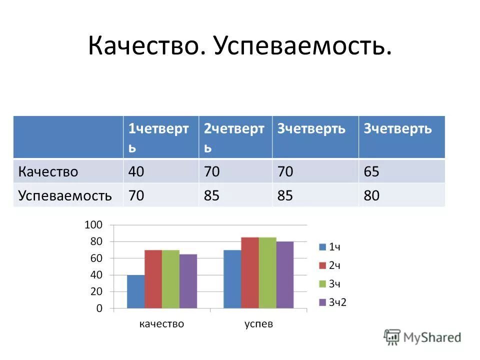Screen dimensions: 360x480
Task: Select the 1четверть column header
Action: pyautogui.click(x=158, y=137)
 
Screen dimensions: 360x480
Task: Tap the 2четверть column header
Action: pyautogui.click(x=234, y=137)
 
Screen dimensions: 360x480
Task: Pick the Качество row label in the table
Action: pyautogui.click(x=48, y=172)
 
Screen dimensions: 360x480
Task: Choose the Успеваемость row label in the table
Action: pyautogui.click(x=65, y=195)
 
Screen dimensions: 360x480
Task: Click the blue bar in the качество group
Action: pyautogui.click(x=135, y=292)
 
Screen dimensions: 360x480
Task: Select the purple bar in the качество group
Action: pyautogui.click(x=188, y=281)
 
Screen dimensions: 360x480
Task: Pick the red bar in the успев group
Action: pyautogui.click(x=250, y=273)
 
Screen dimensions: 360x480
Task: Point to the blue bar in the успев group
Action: pyautogui.click(x=232, y=279)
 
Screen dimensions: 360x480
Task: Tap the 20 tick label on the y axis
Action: pyautogui.click(x=95, y=291)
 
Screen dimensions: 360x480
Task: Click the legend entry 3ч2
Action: pyautogui.click(x=333, y=302)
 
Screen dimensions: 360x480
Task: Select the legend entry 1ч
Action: pyautogui.click(x=330, y=246)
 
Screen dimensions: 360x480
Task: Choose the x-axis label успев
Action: pyautogui.click(x=258, y=324)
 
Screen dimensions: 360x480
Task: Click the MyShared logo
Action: pyautogui.click(x=423, y=336)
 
